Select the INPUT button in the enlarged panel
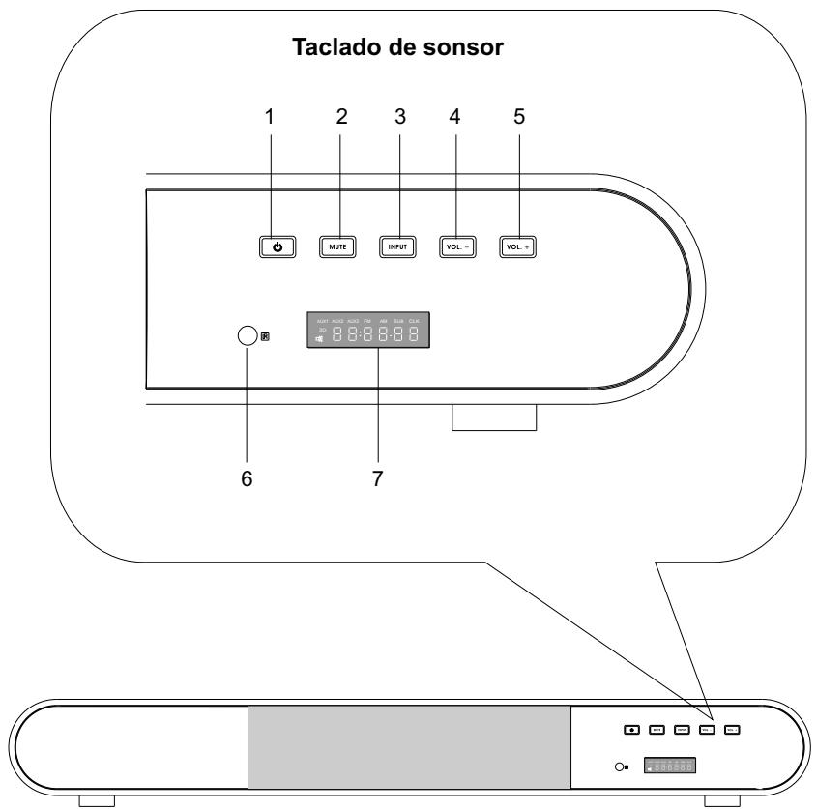click(x=395, y=246)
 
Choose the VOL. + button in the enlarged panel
click(x=517, y=246)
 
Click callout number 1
click(x=270, y=117)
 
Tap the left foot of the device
click(x=97, y=801)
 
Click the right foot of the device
click(x=724, y=801)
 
